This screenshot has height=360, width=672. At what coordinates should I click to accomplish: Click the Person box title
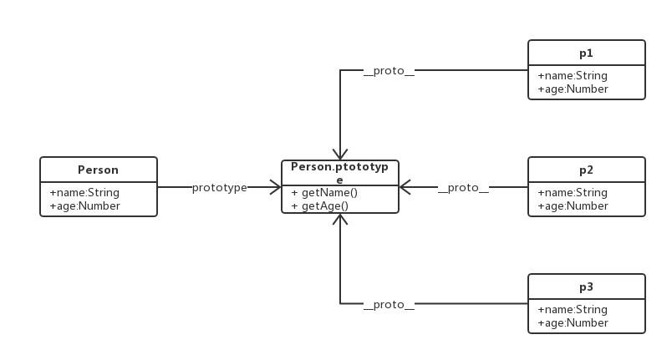(98, 170)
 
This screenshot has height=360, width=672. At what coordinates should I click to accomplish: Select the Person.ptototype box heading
(339, 173)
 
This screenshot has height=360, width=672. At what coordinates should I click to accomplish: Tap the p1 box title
(586, 53)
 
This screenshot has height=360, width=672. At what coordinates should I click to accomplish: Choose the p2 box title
(586, 170)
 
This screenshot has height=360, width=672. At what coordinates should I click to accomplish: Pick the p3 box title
(586, 286)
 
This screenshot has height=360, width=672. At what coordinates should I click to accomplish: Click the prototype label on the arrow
(219, 188)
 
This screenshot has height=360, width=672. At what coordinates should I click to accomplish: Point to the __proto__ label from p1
(389, 71)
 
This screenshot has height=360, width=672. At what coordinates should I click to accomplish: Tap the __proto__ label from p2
(463, 188)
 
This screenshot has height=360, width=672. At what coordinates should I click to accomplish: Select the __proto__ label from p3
(389, 305)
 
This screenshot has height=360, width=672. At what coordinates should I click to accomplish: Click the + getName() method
(324, 193)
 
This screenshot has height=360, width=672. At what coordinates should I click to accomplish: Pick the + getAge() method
(319, 205)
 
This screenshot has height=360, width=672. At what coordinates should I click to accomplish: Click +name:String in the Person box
(84, 193)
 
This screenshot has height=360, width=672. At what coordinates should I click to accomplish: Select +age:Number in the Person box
(84, 205)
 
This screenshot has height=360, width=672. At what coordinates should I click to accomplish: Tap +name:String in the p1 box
(573, 76)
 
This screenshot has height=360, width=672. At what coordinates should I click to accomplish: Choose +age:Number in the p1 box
(573, 89)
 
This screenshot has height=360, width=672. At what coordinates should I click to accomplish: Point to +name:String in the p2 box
(573, 193)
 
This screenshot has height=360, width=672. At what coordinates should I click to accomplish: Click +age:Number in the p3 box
(573, 322)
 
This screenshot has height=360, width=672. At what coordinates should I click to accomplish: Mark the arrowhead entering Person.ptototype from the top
(340, 155)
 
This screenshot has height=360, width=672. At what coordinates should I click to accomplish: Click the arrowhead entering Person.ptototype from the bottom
(340, 220)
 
